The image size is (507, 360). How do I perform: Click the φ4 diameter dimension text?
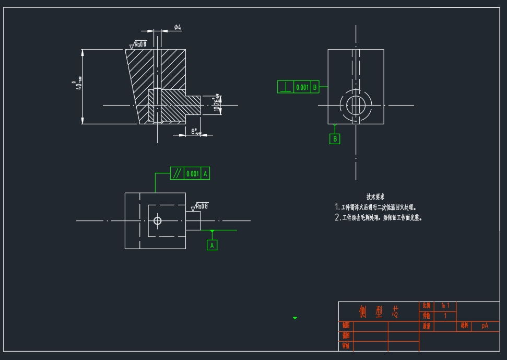click(x=178, y=27)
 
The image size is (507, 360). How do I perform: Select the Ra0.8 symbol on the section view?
click(x=139, y=45)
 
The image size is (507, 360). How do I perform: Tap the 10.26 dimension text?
click(x=217, y=104)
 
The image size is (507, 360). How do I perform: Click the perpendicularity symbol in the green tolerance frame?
click(x=286, y=87)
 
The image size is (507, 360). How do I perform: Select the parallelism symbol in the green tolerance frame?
click(x=178, y=173)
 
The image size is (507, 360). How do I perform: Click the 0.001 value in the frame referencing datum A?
click(x=193, y=173)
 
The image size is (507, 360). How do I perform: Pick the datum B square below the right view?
click(x=335, y=138)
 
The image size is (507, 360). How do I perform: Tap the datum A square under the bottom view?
click(x=212, y=245)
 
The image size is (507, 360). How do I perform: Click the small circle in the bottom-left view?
click(x=157, y=221)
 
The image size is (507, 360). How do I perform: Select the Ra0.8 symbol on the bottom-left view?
click(x=200, y=206)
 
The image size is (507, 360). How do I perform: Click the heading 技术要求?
click(x=375, y=197)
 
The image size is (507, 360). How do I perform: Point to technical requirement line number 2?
click(x=378, y=218)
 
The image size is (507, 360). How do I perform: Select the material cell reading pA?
click(x=485, y=326)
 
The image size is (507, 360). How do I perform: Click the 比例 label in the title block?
click(x=427, y=305)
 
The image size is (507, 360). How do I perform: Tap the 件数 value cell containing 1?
click(x=445, y=316)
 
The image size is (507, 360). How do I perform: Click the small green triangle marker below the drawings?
click(x=295, y=318)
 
